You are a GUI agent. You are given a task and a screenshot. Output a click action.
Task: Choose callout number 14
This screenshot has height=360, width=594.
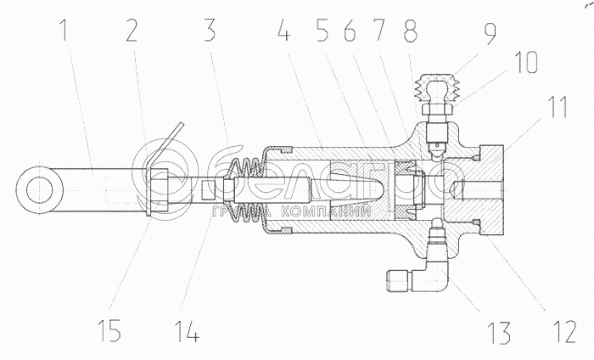point(188,328)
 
